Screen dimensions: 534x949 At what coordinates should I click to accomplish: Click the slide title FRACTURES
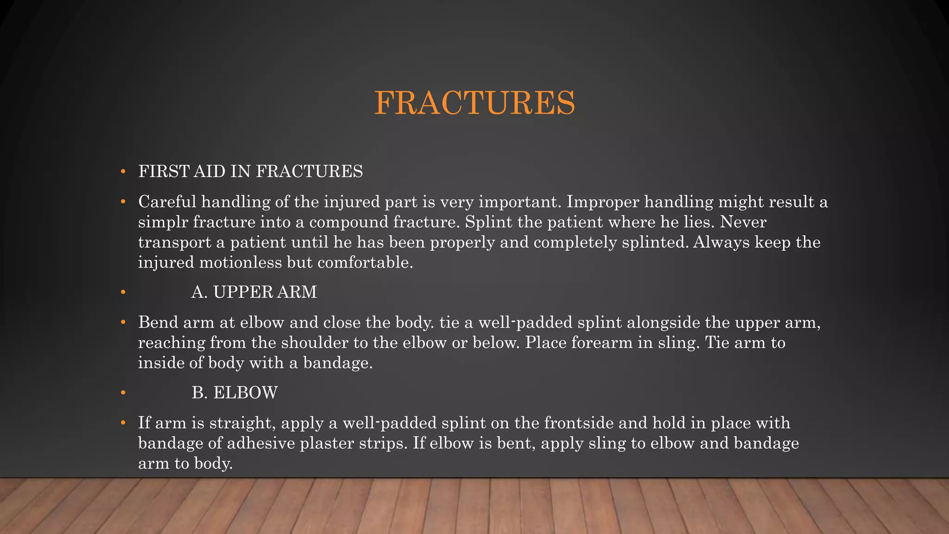pos(474,102)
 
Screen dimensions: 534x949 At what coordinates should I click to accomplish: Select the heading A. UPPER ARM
pos(254,292)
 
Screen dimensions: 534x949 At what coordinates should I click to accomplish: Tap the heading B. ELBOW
pos(234,393)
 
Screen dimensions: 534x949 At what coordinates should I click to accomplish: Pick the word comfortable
pos(365,262)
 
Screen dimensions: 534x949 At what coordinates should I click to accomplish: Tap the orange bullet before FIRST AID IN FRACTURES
pos(123,172)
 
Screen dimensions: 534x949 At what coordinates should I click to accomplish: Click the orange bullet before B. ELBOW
pos(123,393)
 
